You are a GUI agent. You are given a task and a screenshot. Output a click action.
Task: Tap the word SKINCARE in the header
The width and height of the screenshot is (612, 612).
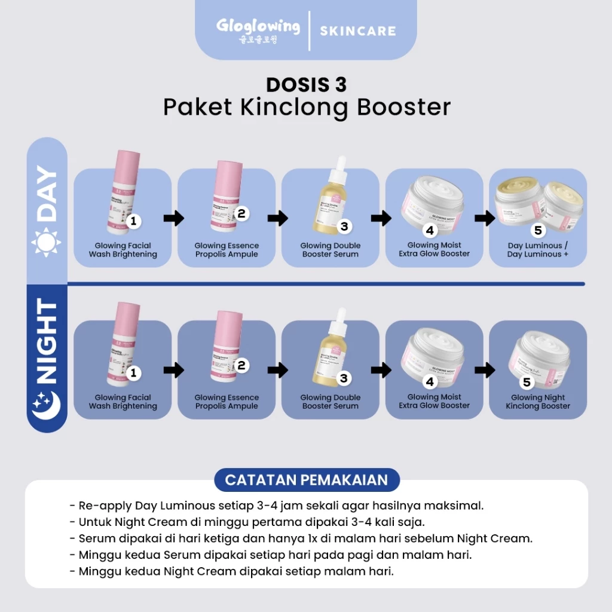(358, 31)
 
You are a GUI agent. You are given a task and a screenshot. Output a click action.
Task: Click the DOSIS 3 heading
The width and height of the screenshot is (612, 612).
(306, 84)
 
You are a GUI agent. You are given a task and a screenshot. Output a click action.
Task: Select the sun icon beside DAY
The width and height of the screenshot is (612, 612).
(47, 241)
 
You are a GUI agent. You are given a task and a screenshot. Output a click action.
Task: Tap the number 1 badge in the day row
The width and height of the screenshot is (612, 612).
(133, 221)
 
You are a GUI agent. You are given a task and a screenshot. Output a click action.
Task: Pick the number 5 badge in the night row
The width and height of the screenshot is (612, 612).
(527, 382)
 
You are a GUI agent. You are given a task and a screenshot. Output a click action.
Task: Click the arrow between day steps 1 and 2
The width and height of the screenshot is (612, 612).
(174, 218)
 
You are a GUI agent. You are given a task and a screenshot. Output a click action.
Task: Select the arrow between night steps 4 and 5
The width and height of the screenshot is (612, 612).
(485, 371)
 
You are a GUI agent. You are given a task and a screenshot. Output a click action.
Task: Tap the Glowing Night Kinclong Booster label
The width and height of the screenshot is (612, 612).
(538, 402)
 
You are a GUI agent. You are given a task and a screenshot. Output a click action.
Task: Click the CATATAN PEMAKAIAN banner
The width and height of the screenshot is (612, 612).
(306, 480)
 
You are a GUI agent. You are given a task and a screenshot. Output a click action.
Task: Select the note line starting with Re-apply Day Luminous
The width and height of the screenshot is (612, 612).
(277, 505)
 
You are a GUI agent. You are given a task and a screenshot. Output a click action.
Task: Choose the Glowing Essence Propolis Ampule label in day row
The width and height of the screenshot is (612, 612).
(227, 250)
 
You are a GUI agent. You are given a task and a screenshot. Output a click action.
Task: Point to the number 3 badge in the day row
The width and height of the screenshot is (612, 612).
(344, 227)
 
